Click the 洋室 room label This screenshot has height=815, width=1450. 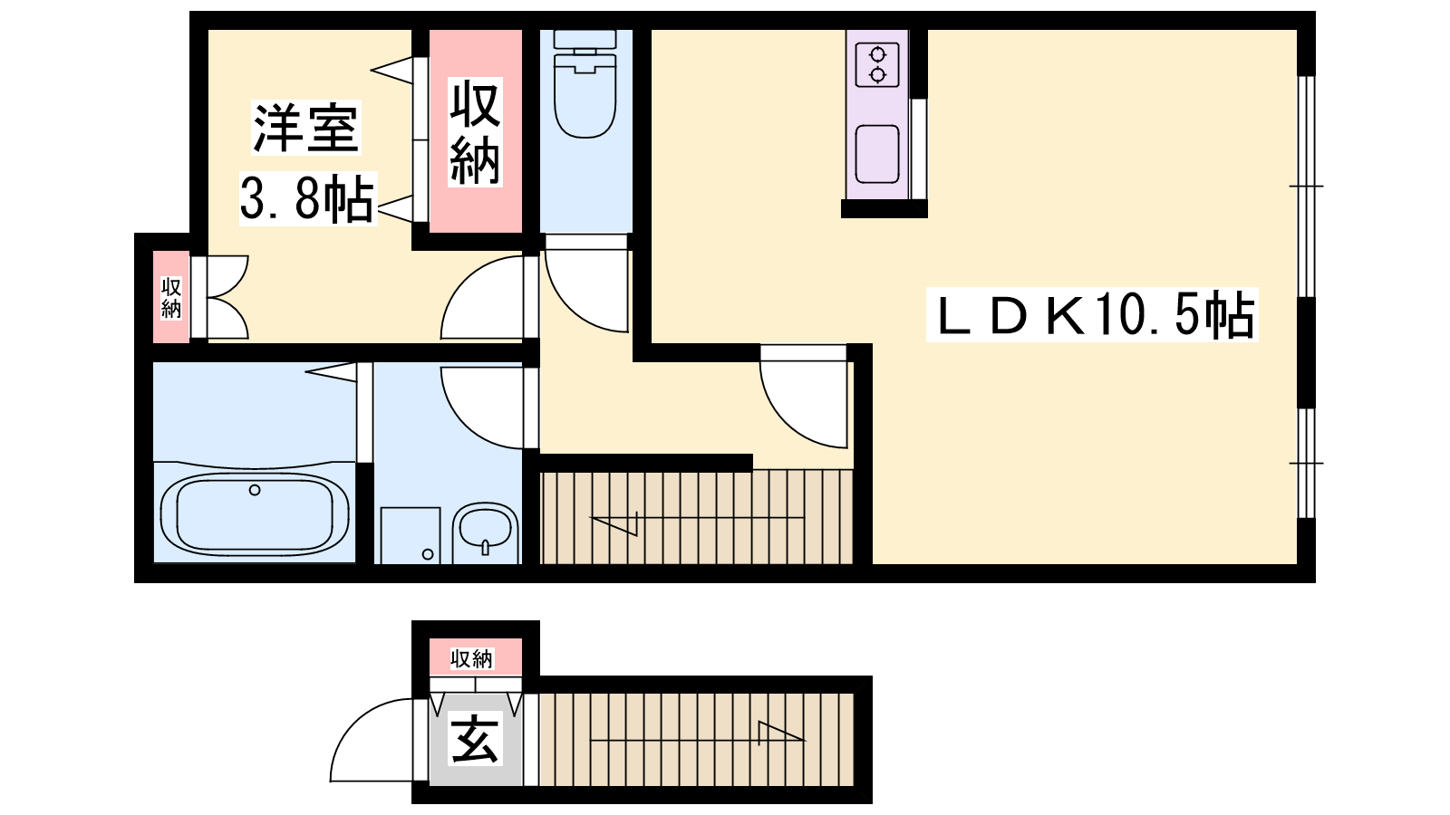pos(306,128)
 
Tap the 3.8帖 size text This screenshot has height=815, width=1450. pos(307,198)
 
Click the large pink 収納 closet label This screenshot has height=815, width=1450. pos(475,132)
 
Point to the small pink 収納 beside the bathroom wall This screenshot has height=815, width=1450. pos(171,298)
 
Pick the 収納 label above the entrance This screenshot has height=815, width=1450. pos(472,658)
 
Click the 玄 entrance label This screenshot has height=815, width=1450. pos(476,738)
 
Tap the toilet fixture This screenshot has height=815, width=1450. pos(585,84)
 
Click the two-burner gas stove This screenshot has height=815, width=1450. pos(877,64)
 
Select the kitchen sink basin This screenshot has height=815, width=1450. pos(877,155)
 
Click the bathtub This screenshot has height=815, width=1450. pos(255,513)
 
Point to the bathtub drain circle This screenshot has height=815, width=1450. pos(255,490)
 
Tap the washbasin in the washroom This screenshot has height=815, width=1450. pos(486,532)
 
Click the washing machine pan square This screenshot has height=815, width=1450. pos(411,535)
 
